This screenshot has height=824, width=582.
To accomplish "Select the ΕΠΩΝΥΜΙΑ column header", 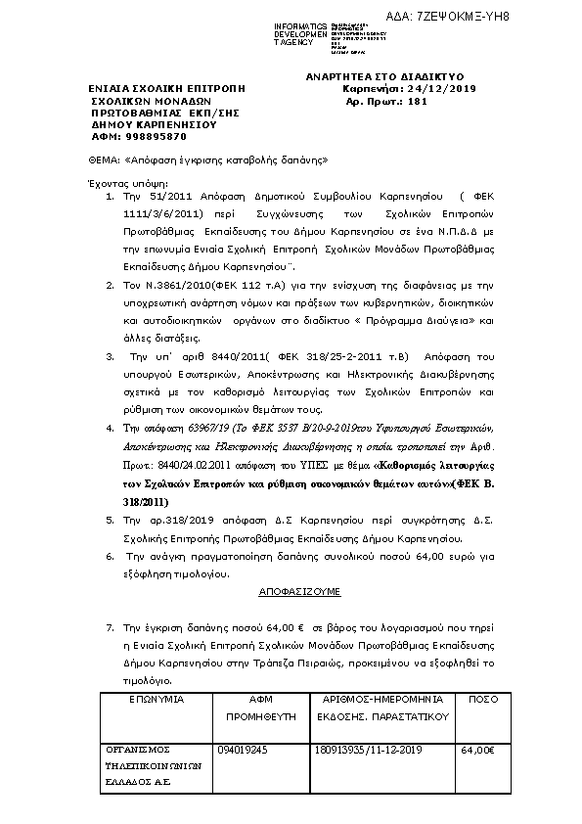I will (157, 700).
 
